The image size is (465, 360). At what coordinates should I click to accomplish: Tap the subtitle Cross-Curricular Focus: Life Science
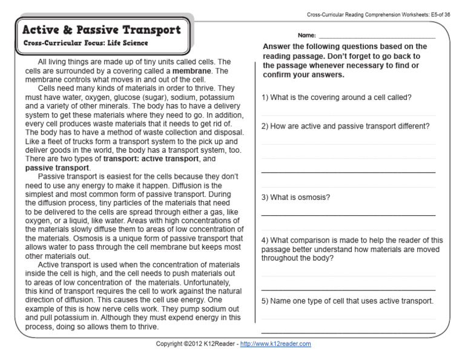tap(85, 44)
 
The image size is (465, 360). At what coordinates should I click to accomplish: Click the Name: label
tap(306, 36)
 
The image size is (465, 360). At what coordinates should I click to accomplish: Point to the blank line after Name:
tap(376, 37)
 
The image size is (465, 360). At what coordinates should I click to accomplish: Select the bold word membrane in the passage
tap(192, 71)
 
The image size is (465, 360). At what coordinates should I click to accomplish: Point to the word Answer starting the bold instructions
tap(277, 47)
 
